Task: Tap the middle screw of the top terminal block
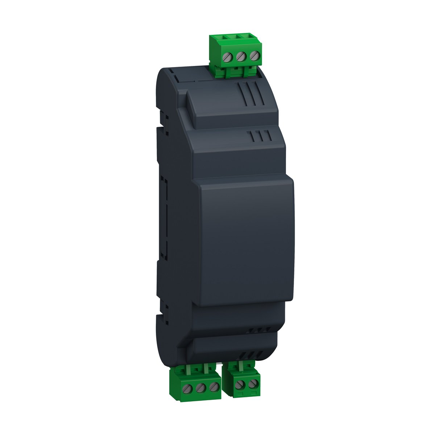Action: (x=240, y=57)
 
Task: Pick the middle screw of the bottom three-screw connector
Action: (x=199, y=388)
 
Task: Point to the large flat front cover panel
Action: (x=246, y=243)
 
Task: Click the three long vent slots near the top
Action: (x=248, y=94)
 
